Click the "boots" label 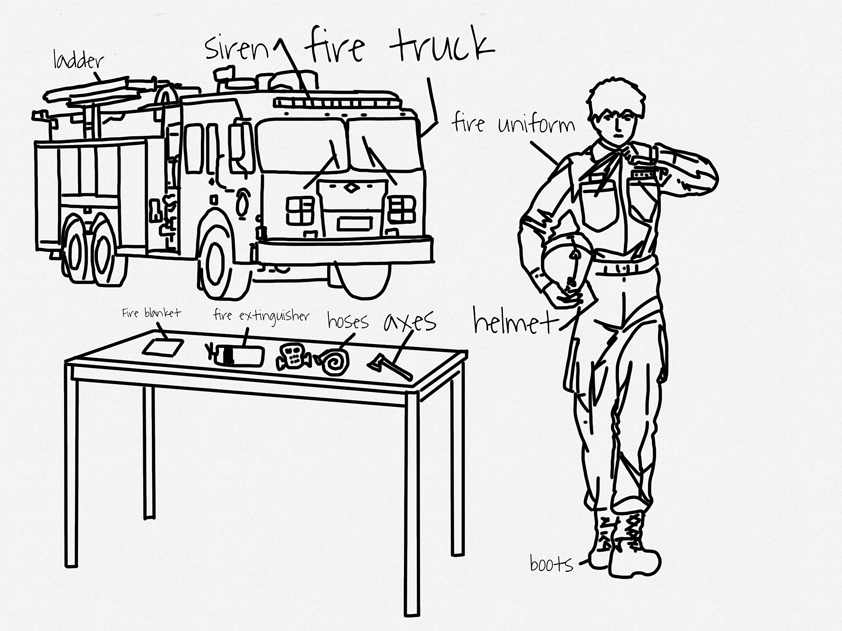point(551,564)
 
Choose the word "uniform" point(536,124)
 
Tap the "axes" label point(410,322)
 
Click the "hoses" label point(348,322)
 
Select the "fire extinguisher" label point(261,315)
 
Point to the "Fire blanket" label point(151,313)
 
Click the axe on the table point(390,367)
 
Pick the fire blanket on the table point(163,347)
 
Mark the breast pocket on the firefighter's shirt point(599,206)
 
